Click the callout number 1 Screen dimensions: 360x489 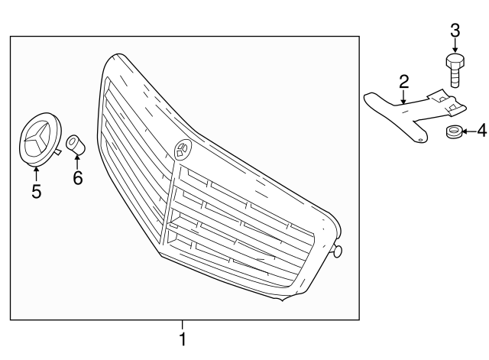[183, 339]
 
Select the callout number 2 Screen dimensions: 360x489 [403, 81]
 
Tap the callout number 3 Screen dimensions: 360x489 [455, 31]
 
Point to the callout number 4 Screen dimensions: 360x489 [481, 131]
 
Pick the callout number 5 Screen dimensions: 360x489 [36, 190]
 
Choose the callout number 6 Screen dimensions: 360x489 [77, 178]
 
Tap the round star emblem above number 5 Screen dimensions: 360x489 [39, 139]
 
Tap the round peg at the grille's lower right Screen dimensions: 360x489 [337, 251]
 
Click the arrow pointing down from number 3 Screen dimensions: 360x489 [455, 47]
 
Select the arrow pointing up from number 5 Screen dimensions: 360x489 [36, 171]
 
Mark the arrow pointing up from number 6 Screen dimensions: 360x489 [77, 161]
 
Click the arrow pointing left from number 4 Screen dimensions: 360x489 [468, 131]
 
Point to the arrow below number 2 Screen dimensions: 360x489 [403, 96]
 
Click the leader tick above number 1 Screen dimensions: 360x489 [183, 324]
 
